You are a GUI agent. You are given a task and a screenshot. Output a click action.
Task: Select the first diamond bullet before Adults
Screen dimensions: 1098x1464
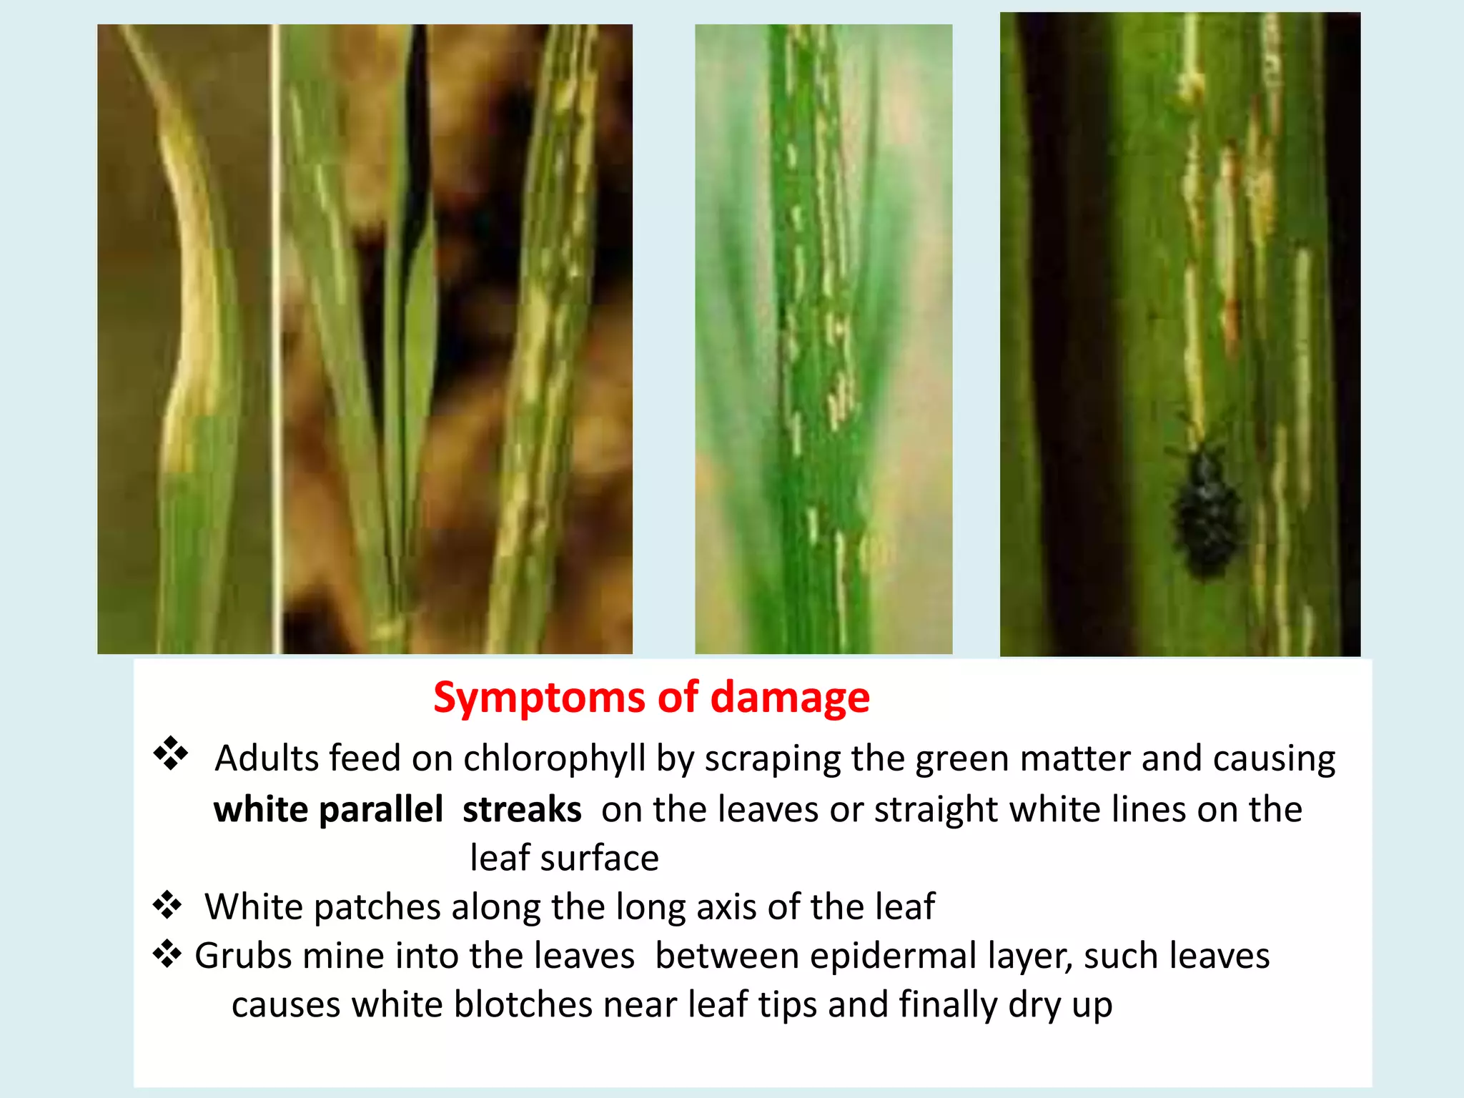pos(170,753)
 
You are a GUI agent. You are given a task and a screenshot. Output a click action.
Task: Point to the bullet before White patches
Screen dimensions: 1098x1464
pos(167,905)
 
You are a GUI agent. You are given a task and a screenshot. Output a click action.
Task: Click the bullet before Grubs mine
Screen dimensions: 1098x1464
pos(167,954)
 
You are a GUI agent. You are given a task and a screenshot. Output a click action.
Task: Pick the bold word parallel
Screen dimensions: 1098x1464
pos(381,810)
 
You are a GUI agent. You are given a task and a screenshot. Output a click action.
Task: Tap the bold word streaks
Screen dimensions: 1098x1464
pos(522,810)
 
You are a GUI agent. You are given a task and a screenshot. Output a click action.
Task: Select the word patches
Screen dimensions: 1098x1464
pos(377,908)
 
